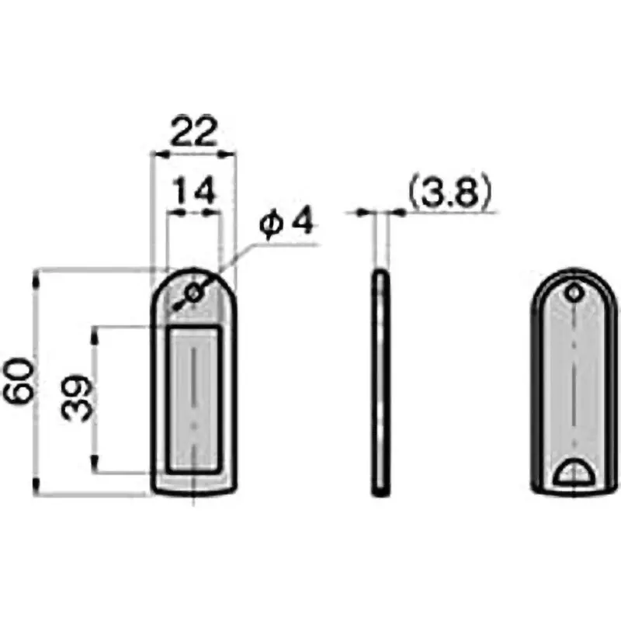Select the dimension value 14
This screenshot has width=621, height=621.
pyautogui.click(x=192, y=191)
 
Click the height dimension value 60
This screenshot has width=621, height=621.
pyautogui.click(x=19, y=380)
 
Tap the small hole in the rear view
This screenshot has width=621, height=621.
pyautogui.click(x=573, y=293)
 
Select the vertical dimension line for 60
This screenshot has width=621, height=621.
pyautogui.click(x=36, y=435)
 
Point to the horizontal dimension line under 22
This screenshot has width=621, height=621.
pyautogui.click(x=192, y=154)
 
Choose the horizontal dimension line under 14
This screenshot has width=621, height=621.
pyautogui.click(x=192, y=211)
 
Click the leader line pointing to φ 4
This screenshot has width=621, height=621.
pyautogui.click(x=264, y=246)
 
